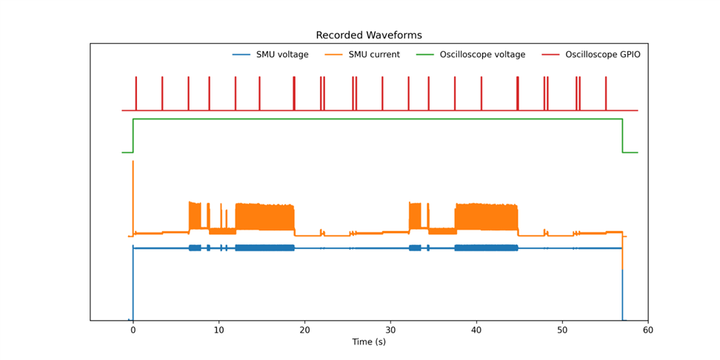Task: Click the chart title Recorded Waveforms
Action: (368, 36)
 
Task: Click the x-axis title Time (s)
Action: (368, 341)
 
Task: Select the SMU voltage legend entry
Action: (282, 55)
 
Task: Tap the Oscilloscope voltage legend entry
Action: (482, 55)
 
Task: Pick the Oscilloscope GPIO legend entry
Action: (602, 55)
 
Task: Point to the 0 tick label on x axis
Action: (133, 330)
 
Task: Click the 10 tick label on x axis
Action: (219, 330)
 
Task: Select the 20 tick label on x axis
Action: (304, 330)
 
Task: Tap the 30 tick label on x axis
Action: (390, 330)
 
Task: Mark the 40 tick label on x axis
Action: (476, 330)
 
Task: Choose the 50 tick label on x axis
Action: (562, 330)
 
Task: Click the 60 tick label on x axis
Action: (648, 330)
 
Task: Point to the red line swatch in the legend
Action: (550, 55)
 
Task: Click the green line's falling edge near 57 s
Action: (622, 136)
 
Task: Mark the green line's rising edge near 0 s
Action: (133, 136)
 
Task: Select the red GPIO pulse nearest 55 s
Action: (605, 93)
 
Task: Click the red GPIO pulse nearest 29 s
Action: (382, 93)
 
